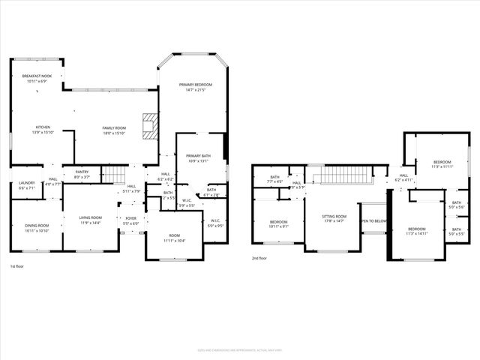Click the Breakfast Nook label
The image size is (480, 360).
pos(36,76)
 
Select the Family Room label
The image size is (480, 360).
pos(114,128)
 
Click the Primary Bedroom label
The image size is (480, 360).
pos(195,85)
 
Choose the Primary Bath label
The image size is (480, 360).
pos(199,155)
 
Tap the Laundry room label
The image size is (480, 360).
pos(26,182)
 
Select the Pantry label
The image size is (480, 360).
pos(81,172)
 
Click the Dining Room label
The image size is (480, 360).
pos(37,226)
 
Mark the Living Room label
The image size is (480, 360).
pos(90,218)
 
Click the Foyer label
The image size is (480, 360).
pos(130,218)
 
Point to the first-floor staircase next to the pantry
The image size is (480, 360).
pos(112,175)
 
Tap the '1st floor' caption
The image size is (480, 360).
pos(17,266)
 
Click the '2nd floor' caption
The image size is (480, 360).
pos(259,259)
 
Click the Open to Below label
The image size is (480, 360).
pos(373,221)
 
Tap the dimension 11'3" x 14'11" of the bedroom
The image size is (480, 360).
pos(416,233)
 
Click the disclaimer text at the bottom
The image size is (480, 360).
pos(239,349)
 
